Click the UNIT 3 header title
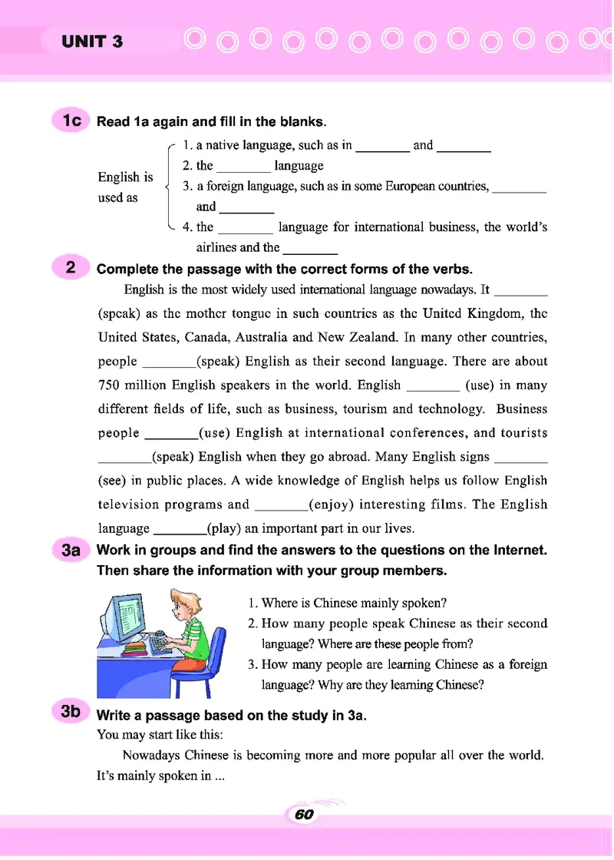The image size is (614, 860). [92, 41]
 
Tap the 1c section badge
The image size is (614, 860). [71, 121]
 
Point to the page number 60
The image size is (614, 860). [305, 815]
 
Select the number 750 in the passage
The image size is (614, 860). [114, 385]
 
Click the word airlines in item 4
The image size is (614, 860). [217, 247]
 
